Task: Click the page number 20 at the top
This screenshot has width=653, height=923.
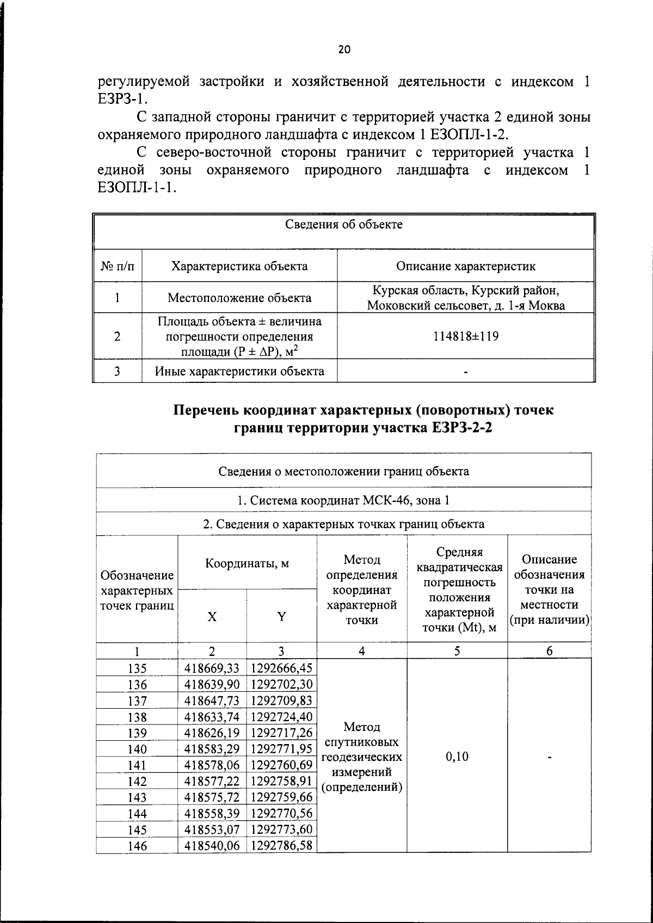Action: [x=344, y=49]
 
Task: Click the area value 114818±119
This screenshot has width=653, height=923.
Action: [x=465, y=336]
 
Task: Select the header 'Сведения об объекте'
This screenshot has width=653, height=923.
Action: [x=344, y=225]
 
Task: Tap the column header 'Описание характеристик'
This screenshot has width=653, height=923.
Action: [x=465, y=266]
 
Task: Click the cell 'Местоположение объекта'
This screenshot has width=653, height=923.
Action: [x=239, y=298]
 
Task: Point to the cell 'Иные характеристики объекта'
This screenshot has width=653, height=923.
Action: [x=239, y=371]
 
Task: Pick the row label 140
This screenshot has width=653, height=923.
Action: [x=137, y=749]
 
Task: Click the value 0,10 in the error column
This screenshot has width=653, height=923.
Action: [x=457, y=757]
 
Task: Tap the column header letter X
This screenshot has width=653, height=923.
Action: [x=212, y=617]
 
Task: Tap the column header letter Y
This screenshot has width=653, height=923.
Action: [x=281, y=617]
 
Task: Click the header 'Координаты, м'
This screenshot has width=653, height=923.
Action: [x=247, y=563]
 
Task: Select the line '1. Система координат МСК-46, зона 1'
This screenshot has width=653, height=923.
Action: [x=344, y=500]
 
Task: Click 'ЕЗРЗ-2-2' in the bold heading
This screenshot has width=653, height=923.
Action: [x=465, y=429]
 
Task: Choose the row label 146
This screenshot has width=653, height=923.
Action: [x=137, y=846]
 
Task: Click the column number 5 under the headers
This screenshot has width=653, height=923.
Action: [x=457, y=651]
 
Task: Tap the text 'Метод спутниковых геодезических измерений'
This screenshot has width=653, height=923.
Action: [x=362, y=757]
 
